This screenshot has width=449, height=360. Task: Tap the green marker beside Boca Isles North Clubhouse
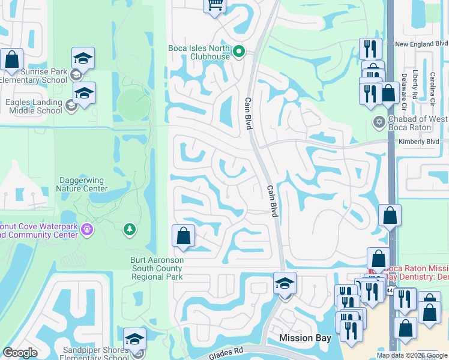pos(239,52)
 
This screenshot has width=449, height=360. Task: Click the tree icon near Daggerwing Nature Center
pos(128,229)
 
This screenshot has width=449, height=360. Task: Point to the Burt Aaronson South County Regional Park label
pos(157,269)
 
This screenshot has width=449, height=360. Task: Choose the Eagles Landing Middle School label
pos(34,106)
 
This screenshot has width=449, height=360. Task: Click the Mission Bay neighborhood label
pos(305,338)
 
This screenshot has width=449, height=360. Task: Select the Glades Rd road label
pos(224,354)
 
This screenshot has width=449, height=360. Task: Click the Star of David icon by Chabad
pos(378,122)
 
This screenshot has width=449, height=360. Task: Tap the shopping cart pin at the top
pos(214,6)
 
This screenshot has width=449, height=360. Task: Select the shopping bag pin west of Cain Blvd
pos(183,237)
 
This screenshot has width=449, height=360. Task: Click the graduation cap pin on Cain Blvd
pos(285,284)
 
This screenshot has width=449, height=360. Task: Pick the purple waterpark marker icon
pos(87,229)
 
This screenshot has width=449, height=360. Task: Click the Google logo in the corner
pos(20,353)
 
